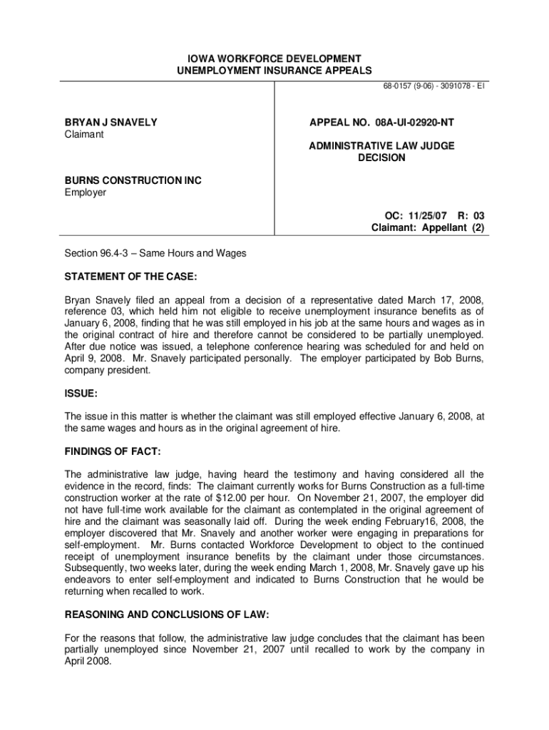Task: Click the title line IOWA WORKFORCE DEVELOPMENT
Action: click(274, 58)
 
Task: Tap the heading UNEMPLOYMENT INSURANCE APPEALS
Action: click(274, 70)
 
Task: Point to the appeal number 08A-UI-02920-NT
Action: click(381, 123)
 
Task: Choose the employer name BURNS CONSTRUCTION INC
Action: click(133, 180)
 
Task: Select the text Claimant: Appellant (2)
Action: click(428, 228)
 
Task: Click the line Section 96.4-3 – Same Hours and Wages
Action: click(155, 253)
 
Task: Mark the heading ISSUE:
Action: click(81, 393)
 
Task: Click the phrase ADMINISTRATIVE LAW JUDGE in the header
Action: click(381, 145)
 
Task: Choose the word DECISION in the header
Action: click(381, 158)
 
